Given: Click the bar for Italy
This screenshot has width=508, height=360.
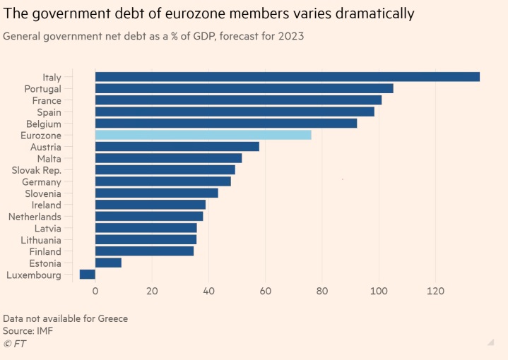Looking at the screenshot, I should [287, 77].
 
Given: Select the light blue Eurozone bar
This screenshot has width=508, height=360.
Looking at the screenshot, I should [203, 135].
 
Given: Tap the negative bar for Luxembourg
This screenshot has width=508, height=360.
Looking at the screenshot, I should [87, 275].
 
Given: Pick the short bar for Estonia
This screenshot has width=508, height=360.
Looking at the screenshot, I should [108, 263].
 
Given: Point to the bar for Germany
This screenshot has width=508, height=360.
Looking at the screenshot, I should [163, 181].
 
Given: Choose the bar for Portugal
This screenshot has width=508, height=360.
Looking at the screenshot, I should [244, 88].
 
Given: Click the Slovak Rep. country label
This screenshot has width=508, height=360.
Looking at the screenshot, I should [37, 170].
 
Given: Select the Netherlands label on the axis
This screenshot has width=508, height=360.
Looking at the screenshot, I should [35, 217].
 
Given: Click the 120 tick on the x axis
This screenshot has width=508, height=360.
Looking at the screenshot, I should [436, 291].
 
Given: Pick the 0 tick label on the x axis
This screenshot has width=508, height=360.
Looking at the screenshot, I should [95, 291].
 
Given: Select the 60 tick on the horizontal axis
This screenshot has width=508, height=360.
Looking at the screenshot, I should [265, 291].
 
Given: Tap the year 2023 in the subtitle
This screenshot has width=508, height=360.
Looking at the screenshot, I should [291, 36].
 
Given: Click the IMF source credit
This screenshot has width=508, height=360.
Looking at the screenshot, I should [45, 330].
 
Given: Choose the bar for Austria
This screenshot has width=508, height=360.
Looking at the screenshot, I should [177, 147].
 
